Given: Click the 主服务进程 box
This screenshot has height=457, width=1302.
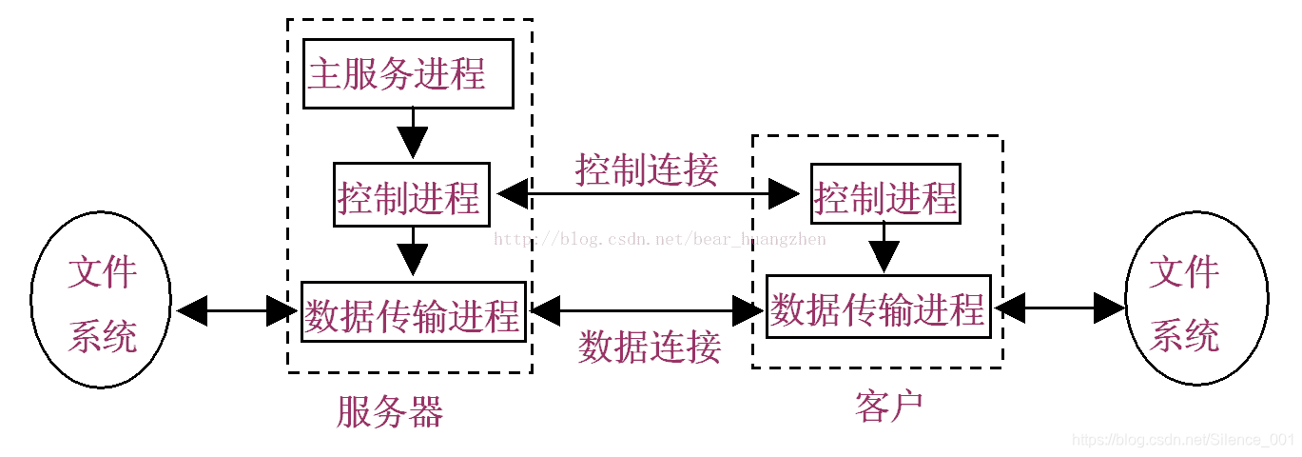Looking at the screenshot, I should (409, 73).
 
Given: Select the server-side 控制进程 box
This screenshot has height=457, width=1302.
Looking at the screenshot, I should (411, 195).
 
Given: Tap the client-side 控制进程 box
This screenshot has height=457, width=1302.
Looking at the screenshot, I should (885, 195).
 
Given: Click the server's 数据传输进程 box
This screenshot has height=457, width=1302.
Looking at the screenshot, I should (413, 311).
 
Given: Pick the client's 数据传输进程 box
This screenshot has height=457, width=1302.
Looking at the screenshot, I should (878, 307).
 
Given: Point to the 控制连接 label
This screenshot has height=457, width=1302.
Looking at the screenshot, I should (647, 169).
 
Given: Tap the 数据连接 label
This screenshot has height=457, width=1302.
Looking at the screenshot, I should (649, 347).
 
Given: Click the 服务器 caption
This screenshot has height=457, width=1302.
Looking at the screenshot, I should (390, 411).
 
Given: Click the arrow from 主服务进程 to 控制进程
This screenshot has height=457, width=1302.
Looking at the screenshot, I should (412, 132).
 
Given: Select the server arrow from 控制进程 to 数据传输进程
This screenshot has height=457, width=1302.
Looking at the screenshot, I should (412, 253).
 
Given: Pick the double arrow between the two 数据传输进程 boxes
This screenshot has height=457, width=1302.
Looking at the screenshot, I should (648, 308).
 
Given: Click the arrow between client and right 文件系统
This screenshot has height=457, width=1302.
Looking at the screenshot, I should (1059, 307).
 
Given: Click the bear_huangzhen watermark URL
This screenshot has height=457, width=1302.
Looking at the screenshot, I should (660, 239).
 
